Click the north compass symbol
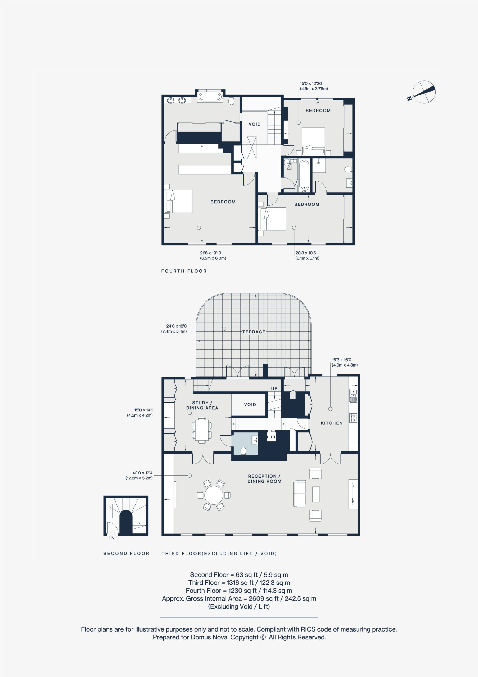tap(423, 92)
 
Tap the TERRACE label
tap(254, 332)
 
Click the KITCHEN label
tap(332, 423)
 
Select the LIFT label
tap(271, 437)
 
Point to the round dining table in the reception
tap(214, 495)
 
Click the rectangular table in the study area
tap(202, 430)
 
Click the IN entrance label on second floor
tap(112, 538)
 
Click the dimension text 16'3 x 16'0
tap(341, 360)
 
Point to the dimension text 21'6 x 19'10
tap(210, 253)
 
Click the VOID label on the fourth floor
tap(254, 124)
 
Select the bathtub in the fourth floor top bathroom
tap(210, 97)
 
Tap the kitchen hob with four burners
tap(353, 418)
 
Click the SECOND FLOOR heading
tap(126, 554)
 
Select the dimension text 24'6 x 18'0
tap(176, 326)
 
